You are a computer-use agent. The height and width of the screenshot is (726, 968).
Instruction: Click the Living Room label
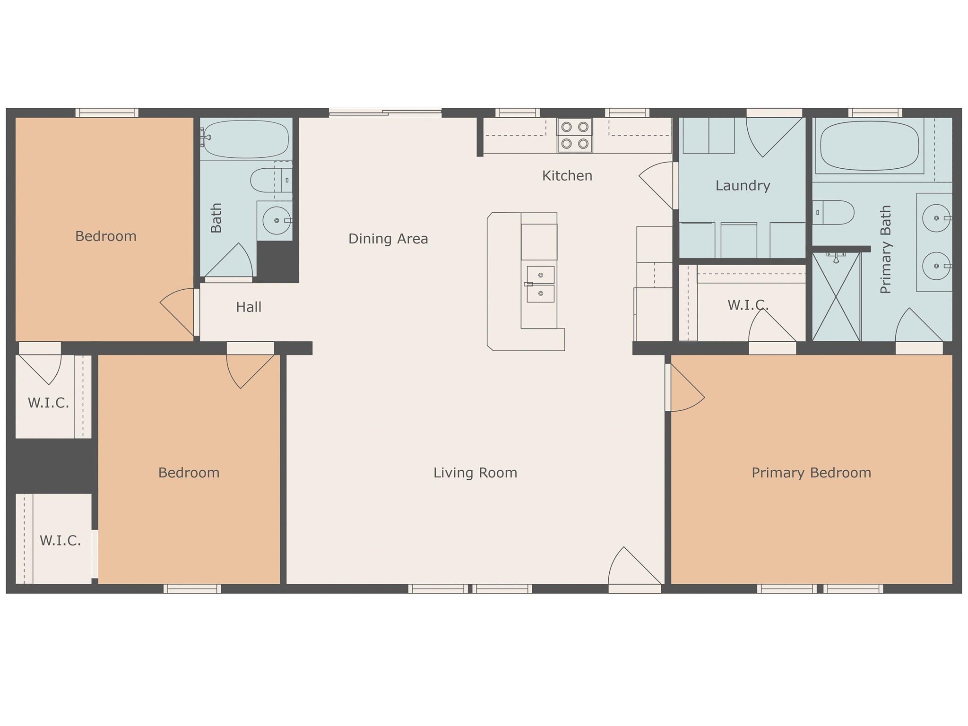[x=475, y=473]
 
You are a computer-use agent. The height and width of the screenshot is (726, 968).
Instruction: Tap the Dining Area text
[x=388, y=239]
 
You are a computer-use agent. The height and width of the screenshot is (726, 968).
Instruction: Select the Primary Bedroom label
[x=811, y=473]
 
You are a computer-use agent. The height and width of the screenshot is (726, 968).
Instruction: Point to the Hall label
[x=249, y=307]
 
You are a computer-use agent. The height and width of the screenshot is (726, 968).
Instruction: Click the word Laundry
[x=743, y=186]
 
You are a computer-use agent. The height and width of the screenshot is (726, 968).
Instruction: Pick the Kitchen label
[x=567, y=176]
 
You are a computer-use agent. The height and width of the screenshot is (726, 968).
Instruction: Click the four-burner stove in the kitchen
[x=575, y=135]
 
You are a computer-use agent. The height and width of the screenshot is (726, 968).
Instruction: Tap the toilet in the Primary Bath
[x=833, y=213]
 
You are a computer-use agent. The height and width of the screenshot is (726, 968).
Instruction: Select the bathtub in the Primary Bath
[x=870, y=146]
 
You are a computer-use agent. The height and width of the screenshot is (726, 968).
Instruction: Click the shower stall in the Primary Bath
[x=836, y=296]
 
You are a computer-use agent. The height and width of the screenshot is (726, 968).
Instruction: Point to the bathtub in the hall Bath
[x=245, y=139]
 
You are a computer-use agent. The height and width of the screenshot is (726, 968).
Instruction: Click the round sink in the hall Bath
[x=277, y=220]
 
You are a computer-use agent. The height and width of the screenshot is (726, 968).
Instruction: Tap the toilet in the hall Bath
[x=271, y=180]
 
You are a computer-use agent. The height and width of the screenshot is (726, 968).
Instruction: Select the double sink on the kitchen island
[x=540, y=284]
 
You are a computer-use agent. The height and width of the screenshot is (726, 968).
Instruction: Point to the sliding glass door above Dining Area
[x=385, y=112]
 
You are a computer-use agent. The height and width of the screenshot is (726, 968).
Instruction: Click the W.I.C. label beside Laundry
[x=748, y=305]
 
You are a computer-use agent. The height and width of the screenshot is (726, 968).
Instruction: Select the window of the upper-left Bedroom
[x=107, y=112]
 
